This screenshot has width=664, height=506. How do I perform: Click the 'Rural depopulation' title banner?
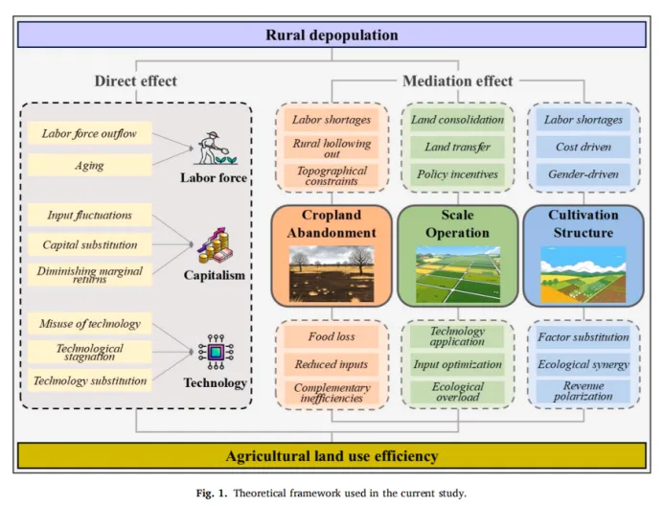tap(332, 35)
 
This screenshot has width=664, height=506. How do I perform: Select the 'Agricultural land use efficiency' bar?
tap(332, 455)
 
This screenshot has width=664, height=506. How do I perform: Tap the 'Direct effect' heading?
tap(135, 80)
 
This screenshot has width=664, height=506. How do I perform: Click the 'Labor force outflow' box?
tap(90, 134)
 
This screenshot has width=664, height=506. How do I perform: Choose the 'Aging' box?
tap(90, 165)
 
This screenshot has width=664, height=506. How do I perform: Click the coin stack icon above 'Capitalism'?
tap(215, 247)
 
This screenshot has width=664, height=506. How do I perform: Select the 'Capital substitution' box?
tap(90, 244)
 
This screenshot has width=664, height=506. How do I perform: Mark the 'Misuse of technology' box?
tap(90, 323)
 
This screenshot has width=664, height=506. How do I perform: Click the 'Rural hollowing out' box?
tap(332, 149)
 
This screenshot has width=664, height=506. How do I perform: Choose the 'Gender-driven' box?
tap(583, 174)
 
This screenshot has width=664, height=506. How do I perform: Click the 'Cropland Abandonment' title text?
tap(332, 224)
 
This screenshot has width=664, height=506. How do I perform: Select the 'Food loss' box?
tap(332, 336)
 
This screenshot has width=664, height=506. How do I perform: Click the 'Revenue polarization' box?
tap(583, 391)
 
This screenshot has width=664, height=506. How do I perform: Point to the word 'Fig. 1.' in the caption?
tap(215, 493)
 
